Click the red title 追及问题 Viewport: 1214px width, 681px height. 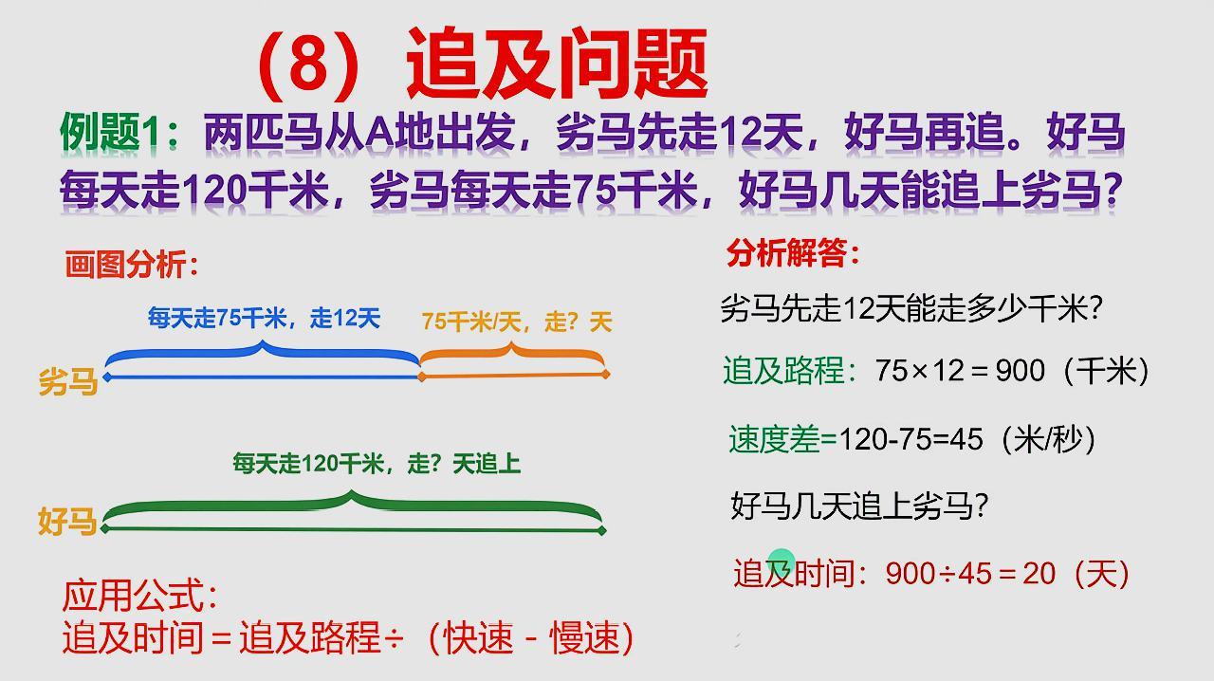click(x=558, y=64)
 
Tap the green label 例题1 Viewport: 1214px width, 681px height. click(x=112, y=133)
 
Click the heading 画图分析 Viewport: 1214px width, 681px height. click(x=132, y=264)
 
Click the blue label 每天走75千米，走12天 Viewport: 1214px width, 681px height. click(x=264, y=319)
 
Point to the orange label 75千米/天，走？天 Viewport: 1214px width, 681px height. click(x=517, y=322)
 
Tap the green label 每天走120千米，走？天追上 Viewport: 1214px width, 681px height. click(x=377, y=464)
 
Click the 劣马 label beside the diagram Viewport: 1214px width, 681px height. click(x=68, y=381)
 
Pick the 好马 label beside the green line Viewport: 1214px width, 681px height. click(x=67, y=521)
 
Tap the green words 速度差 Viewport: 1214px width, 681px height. click(x=774, y=439)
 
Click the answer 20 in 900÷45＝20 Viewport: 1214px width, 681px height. click(x=1039, y=574)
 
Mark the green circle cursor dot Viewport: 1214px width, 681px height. click(x=782, y=561)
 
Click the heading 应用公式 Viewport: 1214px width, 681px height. click(x=140, y=597)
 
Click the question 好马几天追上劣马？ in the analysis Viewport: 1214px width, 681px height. click(x=859, y=506)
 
